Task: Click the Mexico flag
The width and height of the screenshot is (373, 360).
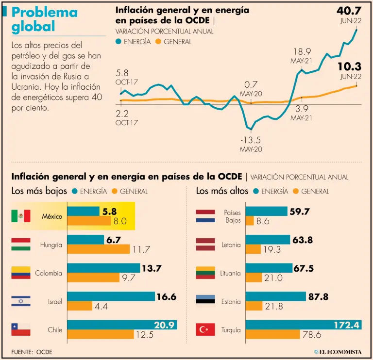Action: click(x=21, y=216)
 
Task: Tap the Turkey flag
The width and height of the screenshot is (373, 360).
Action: click(x=204, y=330)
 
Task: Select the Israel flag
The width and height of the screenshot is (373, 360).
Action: click(x=21, y=301)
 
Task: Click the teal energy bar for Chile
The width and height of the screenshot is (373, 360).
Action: click(x=122, y=325)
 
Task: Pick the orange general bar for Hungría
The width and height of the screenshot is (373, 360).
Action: click(x=98, y=249)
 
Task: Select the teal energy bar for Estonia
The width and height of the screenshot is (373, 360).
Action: click(x=275, y=296)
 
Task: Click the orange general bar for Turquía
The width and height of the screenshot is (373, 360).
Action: click(x=272, y=334)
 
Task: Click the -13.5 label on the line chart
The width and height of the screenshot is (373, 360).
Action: click(x=251, y=140)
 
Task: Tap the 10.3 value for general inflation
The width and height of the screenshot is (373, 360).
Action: click(x=351, y=67)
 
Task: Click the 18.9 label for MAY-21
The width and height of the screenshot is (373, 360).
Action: click(x=302, y=52)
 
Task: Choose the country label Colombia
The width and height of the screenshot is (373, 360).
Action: click(x=49, y=273)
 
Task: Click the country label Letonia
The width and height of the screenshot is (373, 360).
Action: click(x=230, y=245)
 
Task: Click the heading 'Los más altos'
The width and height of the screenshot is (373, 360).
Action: click(x=221, y=191)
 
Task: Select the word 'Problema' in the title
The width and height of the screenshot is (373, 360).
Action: click(x=44, y=13)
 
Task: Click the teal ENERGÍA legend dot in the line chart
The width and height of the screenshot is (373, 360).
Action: click(x=119, y=42)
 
